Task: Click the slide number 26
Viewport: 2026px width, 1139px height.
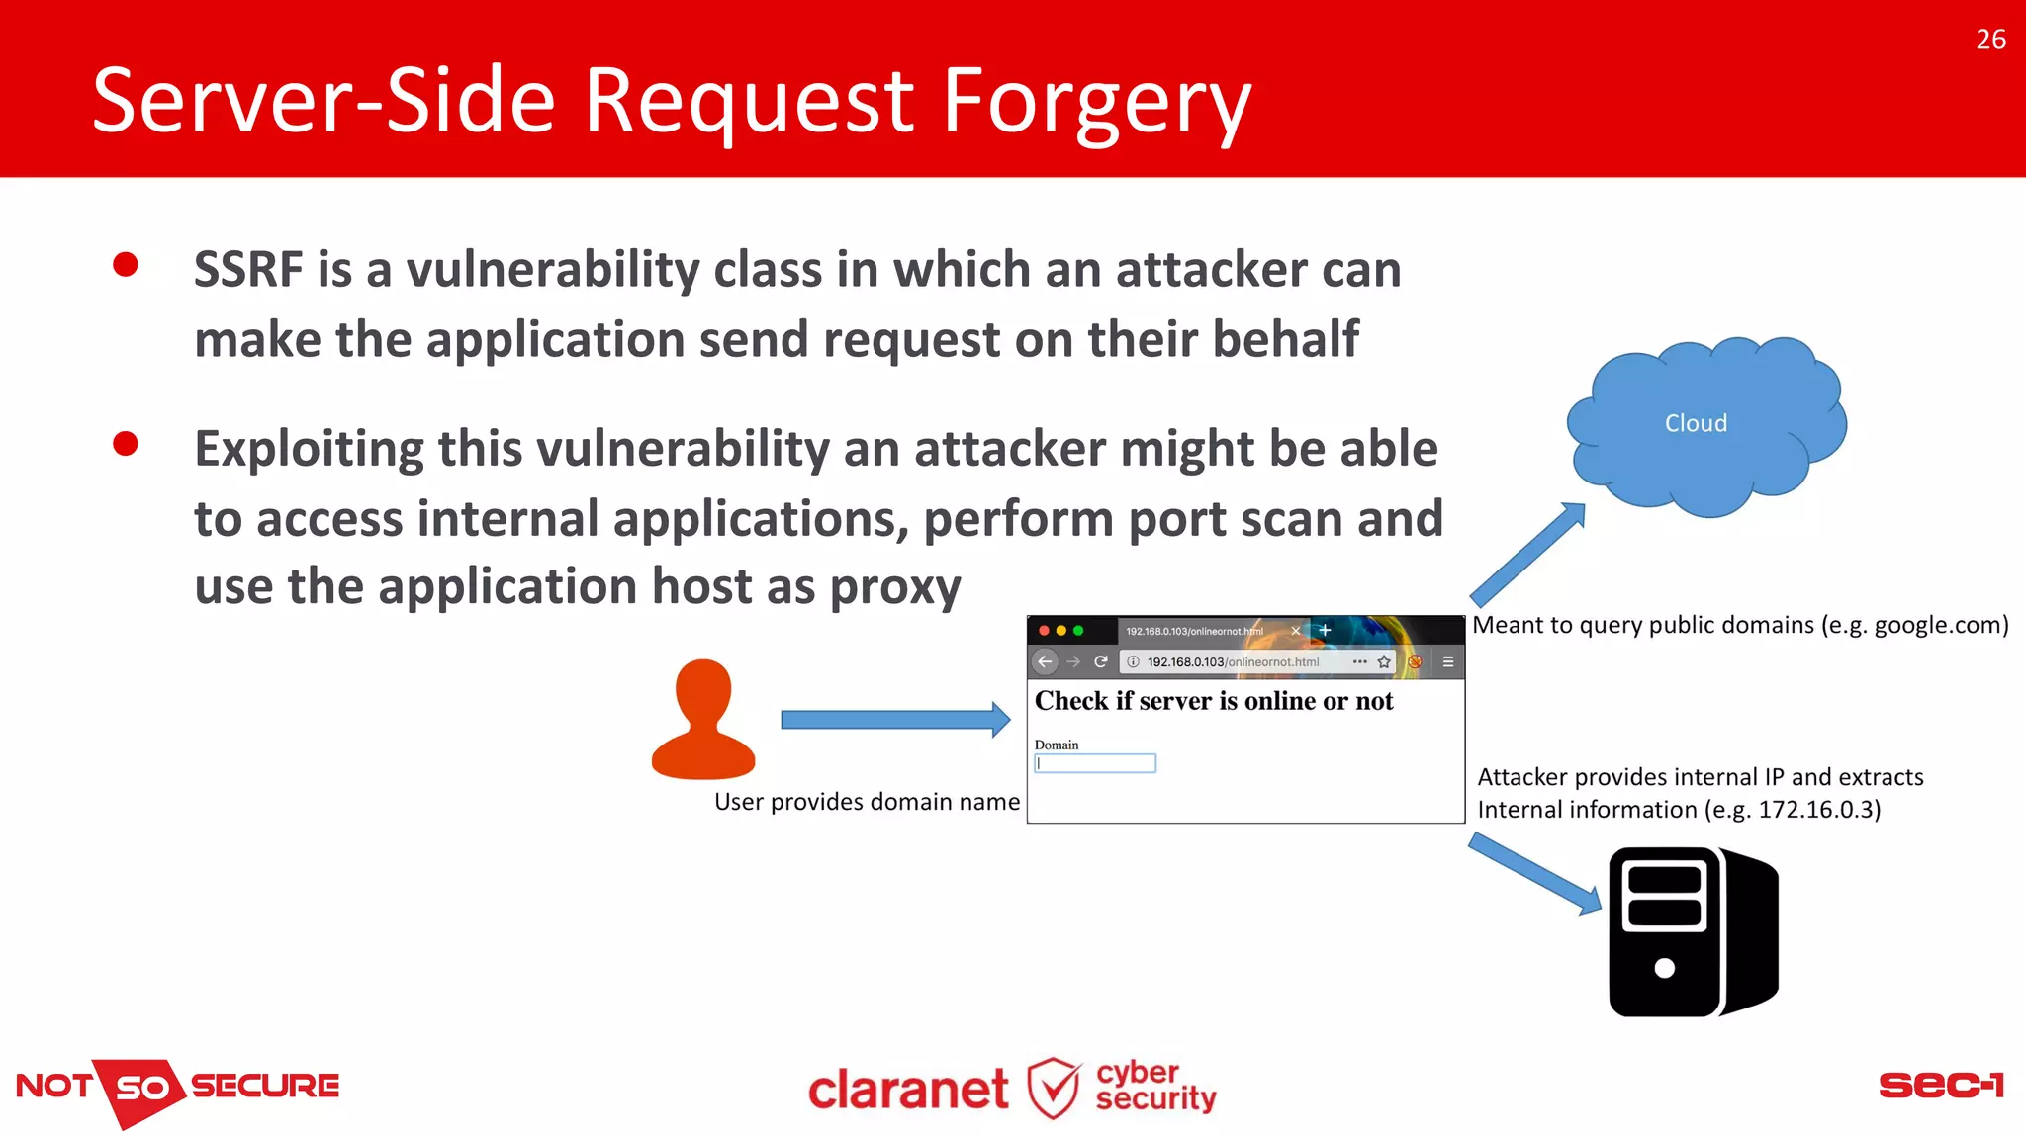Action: tap(1990, 40)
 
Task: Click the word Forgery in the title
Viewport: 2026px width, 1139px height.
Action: tap(1096, 103)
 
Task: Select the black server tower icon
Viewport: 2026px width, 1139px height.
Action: tap(1693, 931)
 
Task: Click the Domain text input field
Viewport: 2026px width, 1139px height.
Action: tap(1095, 763)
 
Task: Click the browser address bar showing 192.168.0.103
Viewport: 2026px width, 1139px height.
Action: tap(1233, 661)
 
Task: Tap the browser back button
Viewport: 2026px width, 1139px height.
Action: tap(1045, 661)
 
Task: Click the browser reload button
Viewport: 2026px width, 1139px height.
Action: tap(1100, 661)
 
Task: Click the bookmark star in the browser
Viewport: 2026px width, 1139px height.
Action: tap(1384, 661)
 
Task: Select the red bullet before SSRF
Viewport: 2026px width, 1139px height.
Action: tap(126, 265)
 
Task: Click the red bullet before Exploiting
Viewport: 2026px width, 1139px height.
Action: tap(126, 444)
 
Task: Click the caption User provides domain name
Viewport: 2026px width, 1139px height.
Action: tap(867, 802)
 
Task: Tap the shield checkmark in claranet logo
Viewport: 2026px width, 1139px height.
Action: tap(1053, 1089)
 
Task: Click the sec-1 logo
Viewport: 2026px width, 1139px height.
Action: tap(1941, 1086)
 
